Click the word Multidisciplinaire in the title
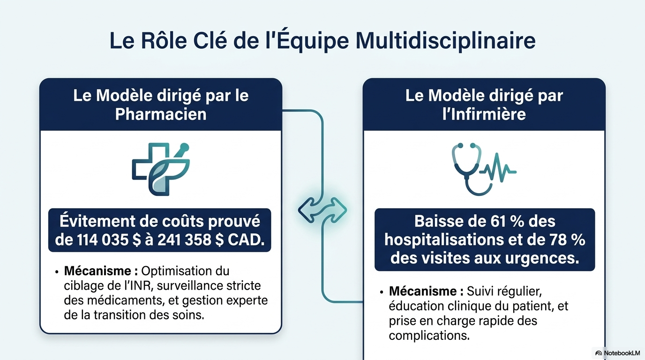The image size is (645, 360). (445, 41)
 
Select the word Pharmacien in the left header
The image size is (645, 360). (161, 114)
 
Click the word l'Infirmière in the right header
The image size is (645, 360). (484, 114)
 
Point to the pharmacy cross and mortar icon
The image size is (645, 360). (161, 169)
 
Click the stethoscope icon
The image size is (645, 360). (466, 169)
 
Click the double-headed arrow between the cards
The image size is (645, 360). (322, 210)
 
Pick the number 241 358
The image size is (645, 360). (184, 240)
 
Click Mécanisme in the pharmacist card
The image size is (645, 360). (98, 271)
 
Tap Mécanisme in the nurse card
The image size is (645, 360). (423, 292)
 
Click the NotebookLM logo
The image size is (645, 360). (618, 353)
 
